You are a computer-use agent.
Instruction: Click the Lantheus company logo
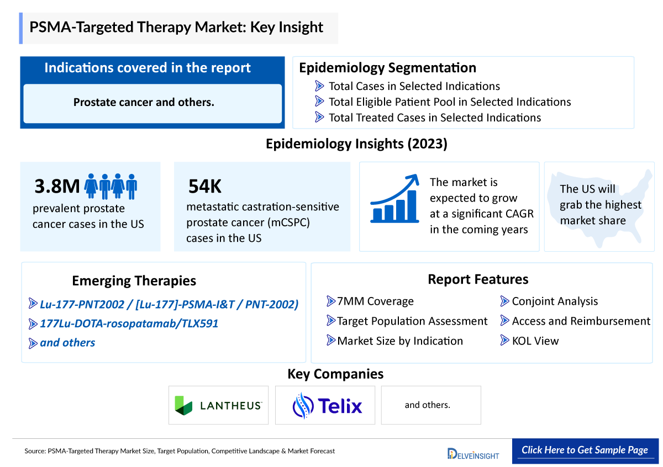pos(218,405)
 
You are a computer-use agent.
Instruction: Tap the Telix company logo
pos(327,406)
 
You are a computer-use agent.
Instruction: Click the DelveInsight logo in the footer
pos(473,453)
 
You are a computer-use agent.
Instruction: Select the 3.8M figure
pos(57,187)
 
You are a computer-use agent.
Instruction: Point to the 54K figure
pos(205,187)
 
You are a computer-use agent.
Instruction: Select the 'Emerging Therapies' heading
pos(134,280)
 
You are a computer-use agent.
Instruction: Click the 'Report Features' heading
pos(478,279)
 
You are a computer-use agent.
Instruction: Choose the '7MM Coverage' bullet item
pos(375,301)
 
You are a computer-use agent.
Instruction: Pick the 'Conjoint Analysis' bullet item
pos(554,301)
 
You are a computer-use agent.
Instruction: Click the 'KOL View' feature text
pos(535,341)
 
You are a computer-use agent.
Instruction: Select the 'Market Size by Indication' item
pos(399,341)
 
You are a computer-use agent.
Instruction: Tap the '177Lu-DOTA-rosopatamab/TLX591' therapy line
pos(129,323)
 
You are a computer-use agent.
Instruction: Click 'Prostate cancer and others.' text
pos(144,102)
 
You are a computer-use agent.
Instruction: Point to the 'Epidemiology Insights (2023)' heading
pos(356,144)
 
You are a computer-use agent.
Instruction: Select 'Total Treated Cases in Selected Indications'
pos(434,118)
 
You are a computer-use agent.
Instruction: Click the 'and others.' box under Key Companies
pos(427,405)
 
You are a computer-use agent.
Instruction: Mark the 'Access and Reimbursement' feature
pos(581,321)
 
